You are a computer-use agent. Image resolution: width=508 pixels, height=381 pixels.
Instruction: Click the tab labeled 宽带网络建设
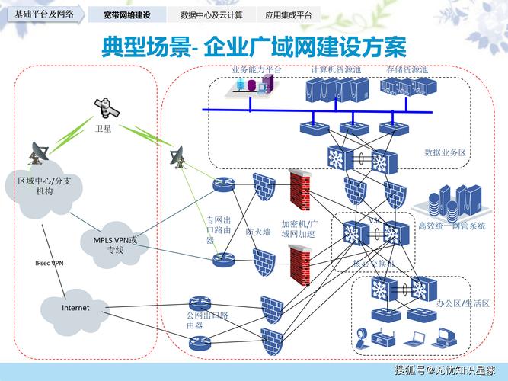pyautogui.click(x=126, y=14)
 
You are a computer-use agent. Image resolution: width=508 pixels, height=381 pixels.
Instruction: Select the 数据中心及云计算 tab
pyautogui.click(x=211, y=14)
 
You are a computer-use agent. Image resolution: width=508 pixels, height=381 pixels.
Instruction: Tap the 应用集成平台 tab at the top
pyautogui.click(x=288, y=14)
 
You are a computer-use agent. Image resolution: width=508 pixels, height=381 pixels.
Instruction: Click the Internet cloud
pyautogui.click(x=75, y=308)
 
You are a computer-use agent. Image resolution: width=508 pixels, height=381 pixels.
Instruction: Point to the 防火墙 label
pyautogui.click(x=257, y=232)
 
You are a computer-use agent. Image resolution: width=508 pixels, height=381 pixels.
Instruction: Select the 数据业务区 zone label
pyautogui.click(x=445, y=152)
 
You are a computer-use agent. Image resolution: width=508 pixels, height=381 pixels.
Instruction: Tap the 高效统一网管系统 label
pyautogui.click(x=452, y=226)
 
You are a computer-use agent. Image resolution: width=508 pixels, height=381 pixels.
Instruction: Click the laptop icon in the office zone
pyautogui.click(x=417, y=337)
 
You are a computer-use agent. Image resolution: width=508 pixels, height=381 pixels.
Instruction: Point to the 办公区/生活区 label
pyautogui.click(x=463, y=303)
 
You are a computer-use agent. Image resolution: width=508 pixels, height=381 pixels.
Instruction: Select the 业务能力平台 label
pyautogui.click(x=256, y=69)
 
